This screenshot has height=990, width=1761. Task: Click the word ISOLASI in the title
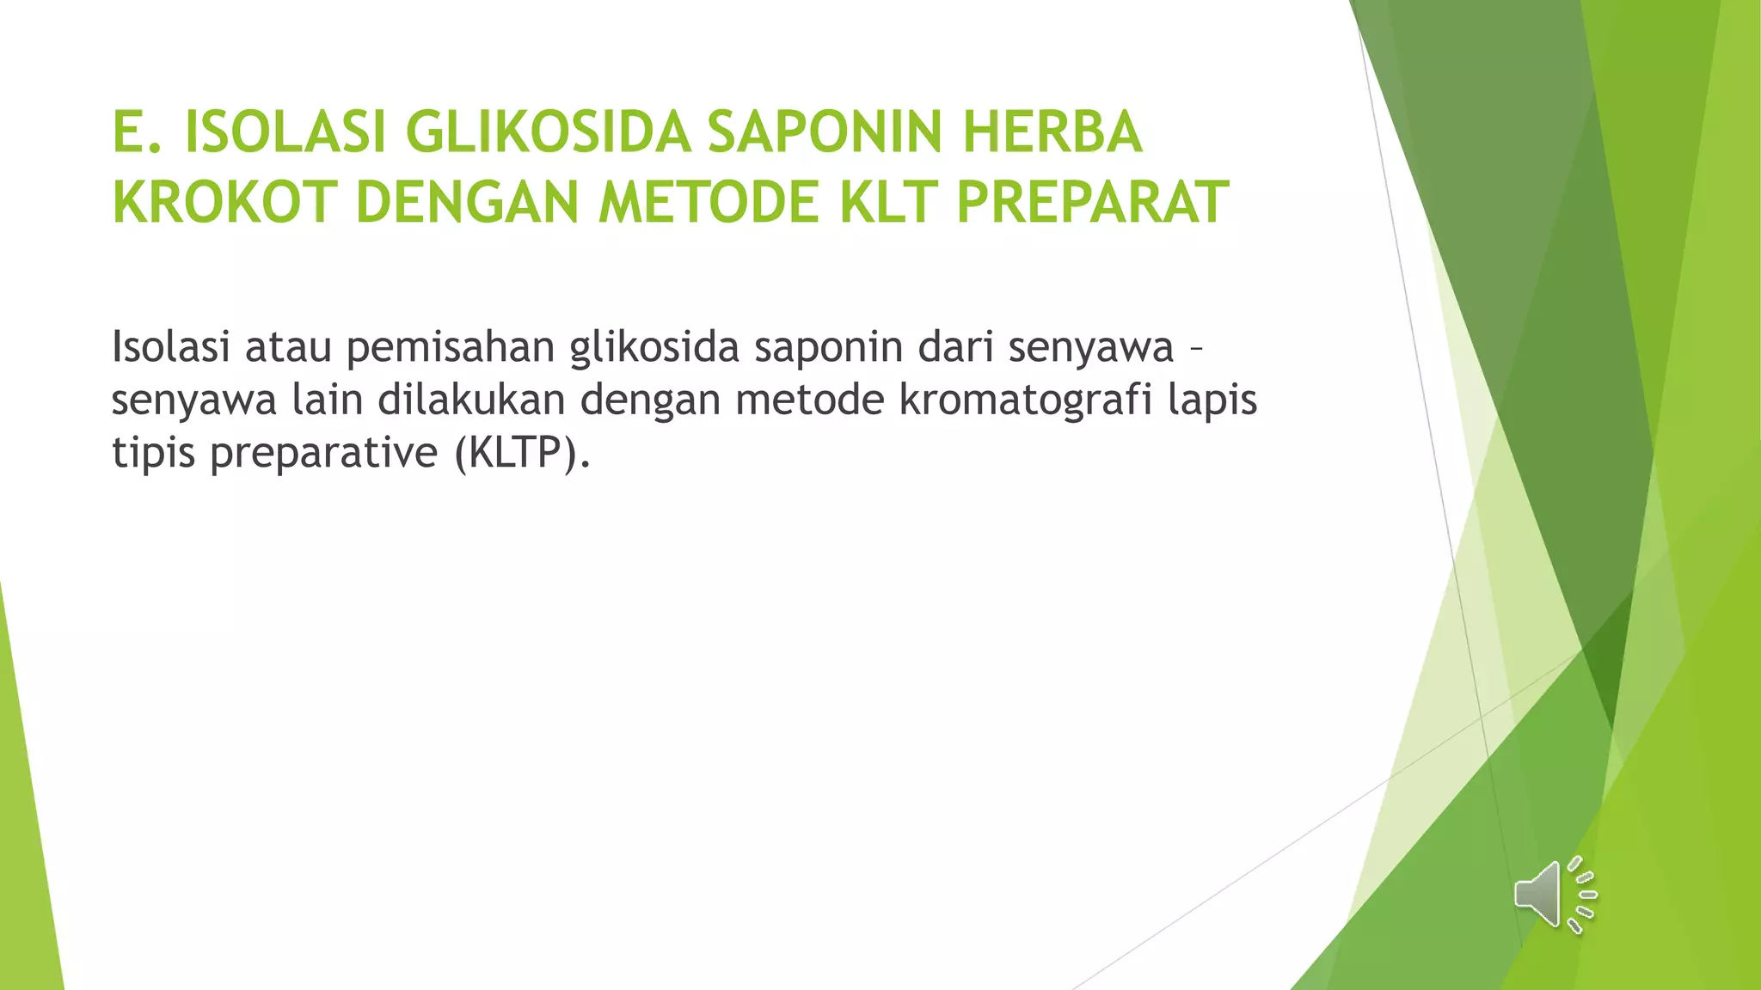pos(285,133)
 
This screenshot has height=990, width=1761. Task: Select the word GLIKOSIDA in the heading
pos(548,133)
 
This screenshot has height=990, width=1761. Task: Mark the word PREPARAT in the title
pos(1092,203)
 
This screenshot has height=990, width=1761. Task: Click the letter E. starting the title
pos(137,133)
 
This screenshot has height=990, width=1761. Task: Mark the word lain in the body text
pos(328,400)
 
